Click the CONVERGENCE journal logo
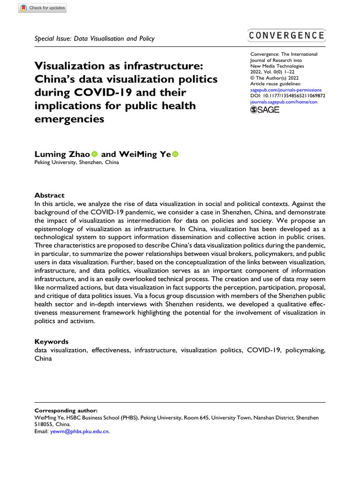coord(287,36)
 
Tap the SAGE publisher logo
coord(265,110)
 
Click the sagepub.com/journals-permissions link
coord(286,89)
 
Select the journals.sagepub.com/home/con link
coord(281,101)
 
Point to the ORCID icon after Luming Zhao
coord(94,154)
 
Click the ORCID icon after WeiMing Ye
coord(176,154)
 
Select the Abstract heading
coord(50,195)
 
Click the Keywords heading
coord(52,342)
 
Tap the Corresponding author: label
coord(66,410)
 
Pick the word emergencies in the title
coord(68,119)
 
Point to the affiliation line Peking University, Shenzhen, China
coord(77,163)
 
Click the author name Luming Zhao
coord(62,154)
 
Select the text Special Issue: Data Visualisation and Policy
coord(95,39)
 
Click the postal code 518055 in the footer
coord(45,424)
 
